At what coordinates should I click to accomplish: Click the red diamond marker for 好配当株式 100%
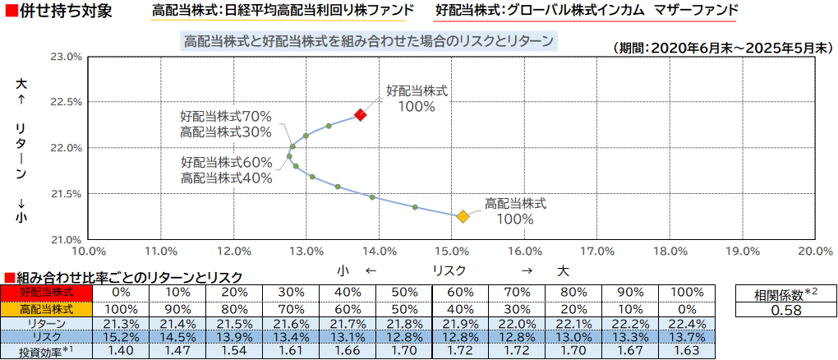[360, 115]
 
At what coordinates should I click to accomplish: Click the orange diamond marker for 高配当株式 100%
[463, 216]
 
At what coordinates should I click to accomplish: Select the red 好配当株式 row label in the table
[47, 292]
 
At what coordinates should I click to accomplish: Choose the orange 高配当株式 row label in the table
[47, 309]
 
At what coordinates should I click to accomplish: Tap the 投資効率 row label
[47, 352]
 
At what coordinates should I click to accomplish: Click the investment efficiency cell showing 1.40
[121, 352]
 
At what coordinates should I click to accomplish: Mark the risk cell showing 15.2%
[121, 338]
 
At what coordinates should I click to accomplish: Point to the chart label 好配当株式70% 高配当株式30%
[226, 123]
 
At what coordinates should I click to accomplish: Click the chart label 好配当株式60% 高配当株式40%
[226, 169]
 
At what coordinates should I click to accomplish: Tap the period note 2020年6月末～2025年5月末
[722, 48]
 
